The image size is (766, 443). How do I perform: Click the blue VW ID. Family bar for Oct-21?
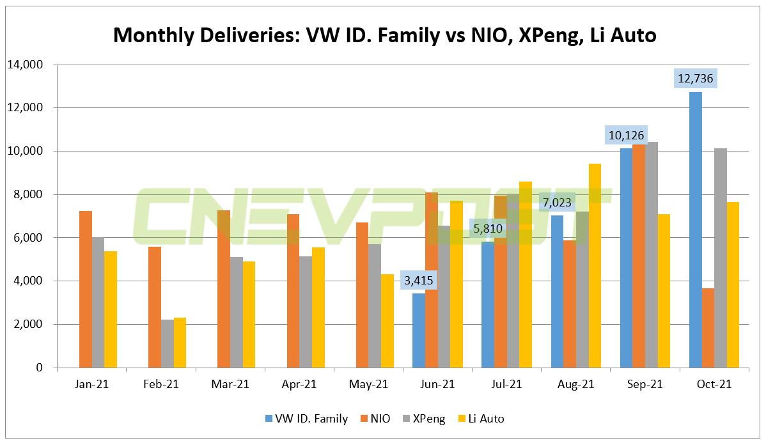click(x=695, y=230)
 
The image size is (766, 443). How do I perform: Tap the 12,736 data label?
click(x=695, y=79)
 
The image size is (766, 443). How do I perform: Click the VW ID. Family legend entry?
click(x=306, y=419)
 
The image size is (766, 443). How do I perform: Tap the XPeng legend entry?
click(x=425, y=419)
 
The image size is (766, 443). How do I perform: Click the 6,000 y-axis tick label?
click(x=27, y=238)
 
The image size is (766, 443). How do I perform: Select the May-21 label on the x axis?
click(x=369, y=384)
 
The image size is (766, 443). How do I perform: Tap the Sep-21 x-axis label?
click(x=645, y=384)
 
